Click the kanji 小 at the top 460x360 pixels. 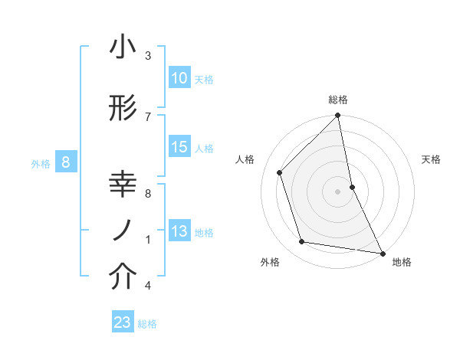tap(123, 47)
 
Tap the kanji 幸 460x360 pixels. tap(123, 185)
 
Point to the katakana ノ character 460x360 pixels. tap(123, 231)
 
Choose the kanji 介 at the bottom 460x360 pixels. tap(123, 277)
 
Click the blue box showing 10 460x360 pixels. tap(179, 78)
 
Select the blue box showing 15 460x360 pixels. tap(179, 147)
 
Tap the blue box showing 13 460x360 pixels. tap(179, 232)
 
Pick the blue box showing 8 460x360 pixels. tap(66, 162)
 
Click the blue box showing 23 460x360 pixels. tap(123, 322)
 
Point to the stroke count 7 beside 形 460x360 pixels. tap(148, 116)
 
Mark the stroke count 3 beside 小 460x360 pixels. tap(148, 56)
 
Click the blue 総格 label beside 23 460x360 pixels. tap(147, 324)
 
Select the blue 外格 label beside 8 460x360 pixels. tap(40, 163)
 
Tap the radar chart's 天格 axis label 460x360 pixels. tap(431, 159)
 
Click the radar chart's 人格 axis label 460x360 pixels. tap(245, 159)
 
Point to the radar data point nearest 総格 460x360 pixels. tap(337, 116)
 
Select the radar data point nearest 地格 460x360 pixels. tap(382, 253)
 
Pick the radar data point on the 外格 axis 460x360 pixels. tap(302, 242)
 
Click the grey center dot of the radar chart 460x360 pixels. tap(337, 191)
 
